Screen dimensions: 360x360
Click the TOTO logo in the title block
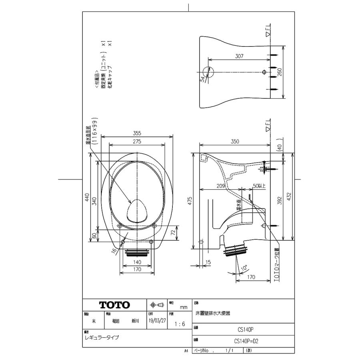click(x=114, y=305)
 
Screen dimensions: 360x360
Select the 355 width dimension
click(x=137, y=133)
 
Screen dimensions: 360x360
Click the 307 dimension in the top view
click(x=239, y=56)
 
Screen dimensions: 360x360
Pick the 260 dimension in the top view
click(x=280, y=72)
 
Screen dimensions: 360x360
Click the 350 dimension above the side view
click(x=234, y=141)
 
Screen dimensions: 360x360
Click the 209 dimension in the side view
click(x=220, y=186)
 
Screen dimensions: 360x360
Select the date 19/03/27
click(x=157, y=321)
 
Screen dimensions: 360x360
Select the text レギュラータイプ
click(x=102, y=337)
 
